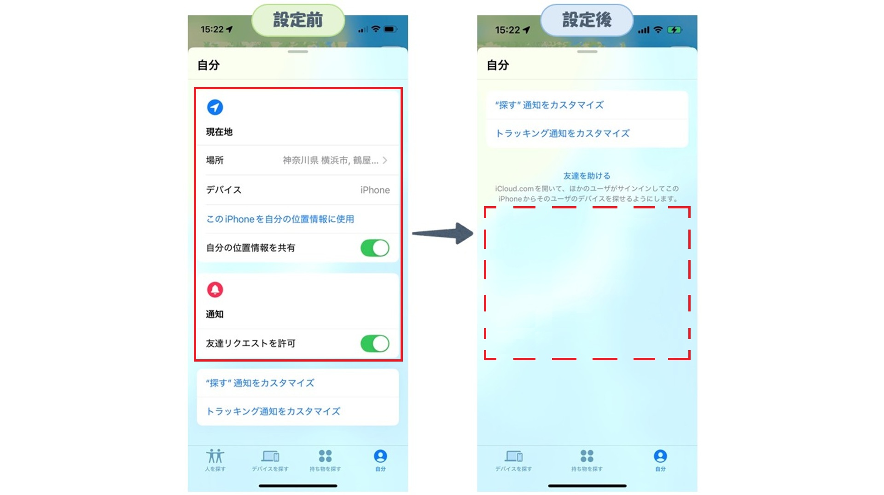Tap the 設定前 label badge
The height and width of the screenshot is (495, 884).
point(298,20)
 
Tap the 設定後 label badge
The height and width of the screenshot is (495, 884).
point(587,20)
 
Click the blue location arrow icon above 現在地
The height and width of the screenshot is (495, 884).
point(215,107)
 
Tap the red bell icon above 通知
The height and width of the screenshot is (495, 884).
point(215,289)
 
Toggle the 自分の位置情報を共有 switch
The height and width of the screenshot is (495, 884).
point(375,248)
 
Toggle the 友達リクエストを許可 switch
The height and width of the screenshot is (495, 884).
point(375,344)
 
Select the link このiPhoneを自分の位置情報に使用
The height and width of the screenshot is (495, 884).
point(280,219)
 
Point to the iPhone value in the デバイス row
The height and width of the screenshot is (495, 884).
point(375,190)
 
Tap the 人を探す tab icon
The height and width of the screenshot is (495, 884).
point(215,456)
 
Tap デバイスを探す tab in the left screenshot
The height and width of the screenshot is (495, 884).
point(270,460)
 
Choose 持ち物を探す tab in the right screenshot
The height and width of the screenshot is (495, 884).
point(587,460)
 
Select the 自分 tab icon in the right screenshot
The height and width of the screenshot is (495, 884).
point(660,456)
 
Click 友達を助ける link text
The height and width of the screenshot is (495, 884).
point(587,176)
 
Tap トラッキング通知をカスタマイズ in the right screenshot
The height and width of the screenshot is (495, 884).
point(562,133)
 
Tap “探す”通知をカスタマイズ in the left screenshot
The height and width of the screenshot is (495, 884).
point(260,383)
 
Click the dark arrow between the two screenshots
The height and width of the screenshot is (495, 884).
point(442,233)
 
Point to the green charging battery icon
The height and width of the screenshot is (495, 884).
point(675,30)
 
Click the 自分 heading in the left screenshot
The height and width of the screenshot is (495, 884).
point(209,65)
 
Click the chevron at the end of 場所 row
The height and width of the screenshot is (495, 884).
point(385,160)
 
